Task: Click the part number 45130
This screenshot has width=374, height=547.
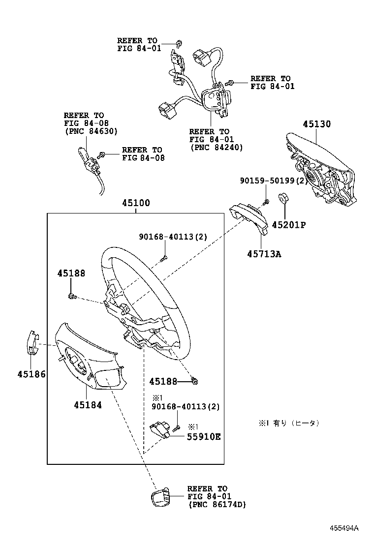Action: [x=316, y=124]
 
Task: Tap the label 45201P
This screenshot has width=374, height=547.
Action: [x=289, y=225]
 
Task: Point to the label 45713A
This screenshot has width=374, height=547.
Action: [x=264, y=254]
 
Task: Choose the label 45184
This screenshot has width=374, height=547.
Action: [x=88, y=405]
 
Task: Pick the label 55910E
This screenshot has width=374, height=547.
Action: [x=203, y=436]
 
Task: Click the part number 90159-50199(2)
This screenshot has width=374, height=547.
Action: [x=274, y=181]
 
